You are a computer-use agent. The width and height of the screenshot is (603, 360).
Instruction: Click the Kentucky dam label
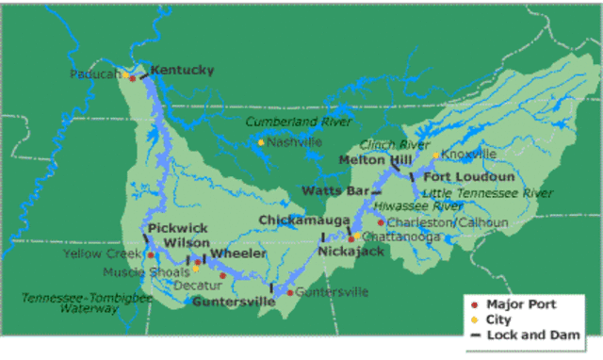pos(182,70)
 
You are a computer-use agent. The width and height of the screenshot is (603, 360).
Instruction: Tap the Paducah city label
pos(95,74)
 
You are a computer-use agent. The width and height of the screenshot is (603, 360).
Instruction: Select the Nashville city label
pos(294,142)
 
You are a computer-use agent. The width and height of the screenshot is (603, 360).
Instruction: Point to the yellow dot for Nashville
pos(261,142)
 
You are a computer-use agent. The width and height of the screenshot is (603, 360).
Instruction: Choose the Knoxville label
pos(469,154)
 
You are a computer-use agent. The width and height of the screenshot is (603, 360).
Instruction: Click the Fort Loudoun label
pos(468,176)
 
